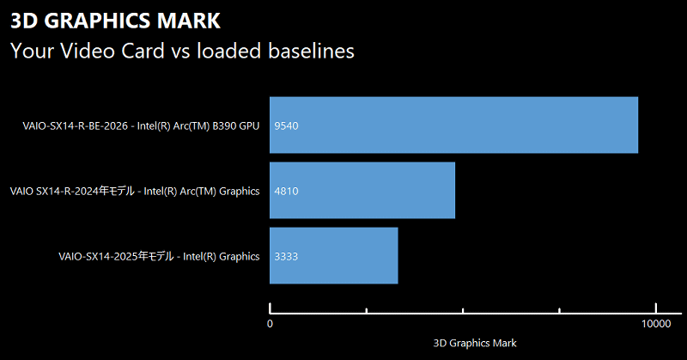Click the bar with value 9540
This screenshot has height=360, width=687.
coord(453,125)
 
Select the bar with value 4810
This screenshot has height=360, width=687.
coord(362,191)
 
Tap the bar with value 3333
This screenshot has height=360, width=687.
coord(333,256)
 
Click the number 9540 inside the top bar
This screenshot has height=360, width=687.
coord(286,126)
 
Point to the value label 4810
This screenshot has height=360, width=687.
coord(286,192)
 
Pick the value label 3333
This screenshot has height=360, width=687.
coord(286,256)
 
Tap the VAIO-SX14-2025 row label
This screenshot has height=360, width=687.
coord(158,256)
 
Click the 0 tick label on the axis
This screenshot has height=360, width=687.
coord(271,324)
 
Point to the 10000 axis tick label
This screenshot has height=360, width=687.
coord(656,324)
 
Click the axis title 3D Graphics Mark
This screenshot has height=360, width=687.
coord(475,343)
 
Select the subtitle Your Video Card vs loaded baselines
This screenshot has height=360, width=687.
coord(182,51)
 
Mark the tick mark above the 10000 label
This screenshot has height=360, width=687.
coord(656,308)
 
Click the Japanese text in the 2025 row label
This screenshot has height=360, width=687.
coord(157,256)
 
